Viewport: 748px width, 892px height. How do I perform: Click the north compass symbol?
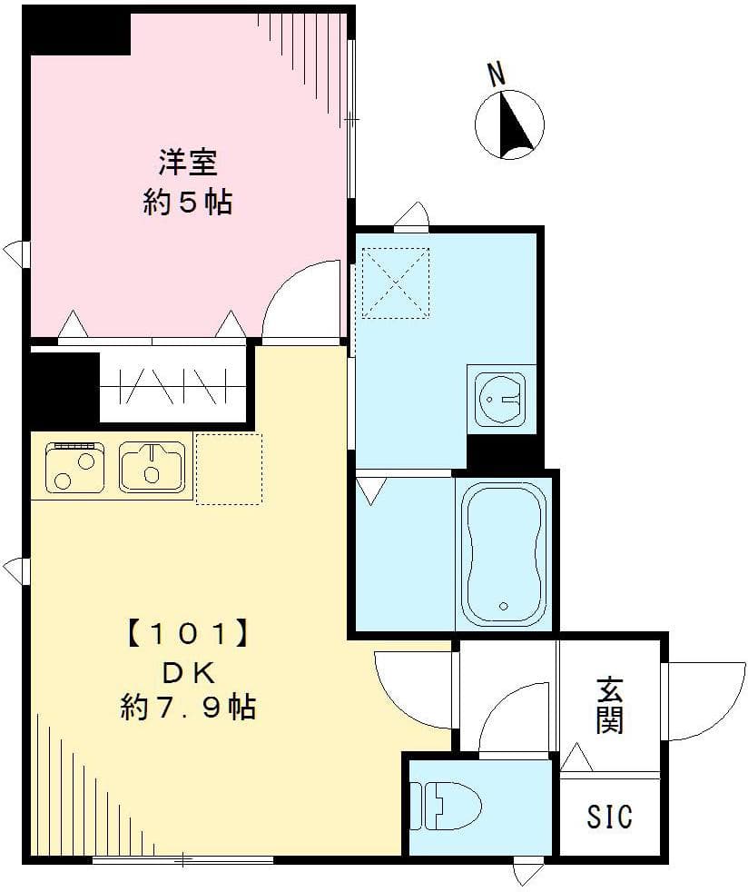point(509,125)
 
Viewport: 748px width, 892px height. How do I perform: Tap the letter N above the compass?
point(496,74)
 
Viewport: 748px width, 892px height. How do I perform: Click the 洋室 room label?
point(187,164)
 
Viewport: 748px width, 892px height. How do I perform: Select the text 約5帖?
point(187,203)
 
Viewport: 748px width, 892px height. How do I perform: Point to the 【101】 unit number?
point(188,631)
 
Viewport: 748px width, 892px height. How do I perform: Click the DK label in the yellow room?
point(188,671)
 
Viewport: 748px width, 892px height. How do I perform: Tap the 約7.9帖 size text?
point(188,707)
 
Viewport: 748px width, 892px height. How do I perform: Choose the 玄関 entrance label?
point(608,706)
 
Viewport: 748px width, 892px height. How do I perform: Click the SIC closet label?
point(608,817)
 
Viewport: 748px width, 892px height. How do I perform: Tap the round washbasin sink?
point(498,396)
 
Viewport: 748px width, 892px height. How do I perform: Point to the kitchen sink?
point(152,466)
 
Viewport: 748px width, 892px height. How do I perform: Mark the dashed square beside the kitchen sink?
point(228,469)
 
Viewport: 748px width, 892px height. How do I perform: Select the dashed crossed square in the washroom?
point(395,282)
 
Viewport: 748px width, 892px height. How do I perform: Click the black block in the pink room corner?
point(78,33)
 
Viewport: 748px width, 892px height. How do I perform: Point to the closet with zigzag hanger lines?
point(172,386)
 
